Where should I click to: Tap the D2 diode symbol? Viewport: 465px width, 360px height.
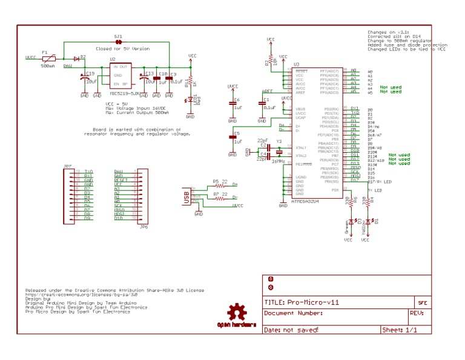[77, 59]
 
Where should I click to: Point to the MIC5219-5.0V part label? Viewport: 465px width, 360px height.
[125, 94]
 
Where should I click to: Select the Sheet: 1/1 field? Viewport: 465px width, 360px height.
[399, 330]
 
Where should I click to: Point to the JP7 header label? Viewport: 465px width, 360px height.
[67, 165]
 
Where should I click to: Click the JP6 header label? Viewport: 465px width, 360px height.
[143, 227]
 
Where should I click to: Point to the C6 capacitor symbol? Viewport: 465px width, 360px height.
[232, 104]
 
